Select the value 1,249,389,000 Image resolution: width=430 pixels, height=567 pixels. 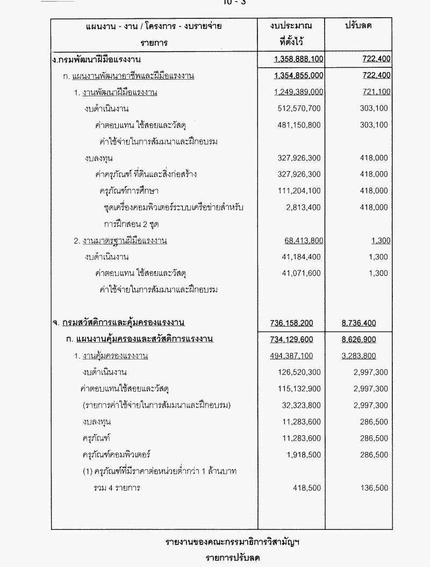coord(298,92)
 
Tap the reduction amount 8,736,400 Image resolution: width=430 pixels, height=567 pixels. coord(359,323)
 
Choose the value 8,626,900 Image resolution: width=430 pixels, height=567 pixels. coord(359,339)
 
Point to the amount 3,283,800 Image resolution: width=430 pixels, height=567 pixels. coord(359,356)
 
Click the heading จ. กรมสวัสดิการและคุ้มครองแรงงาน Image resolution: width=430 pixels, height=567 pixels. coord(119,323)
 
